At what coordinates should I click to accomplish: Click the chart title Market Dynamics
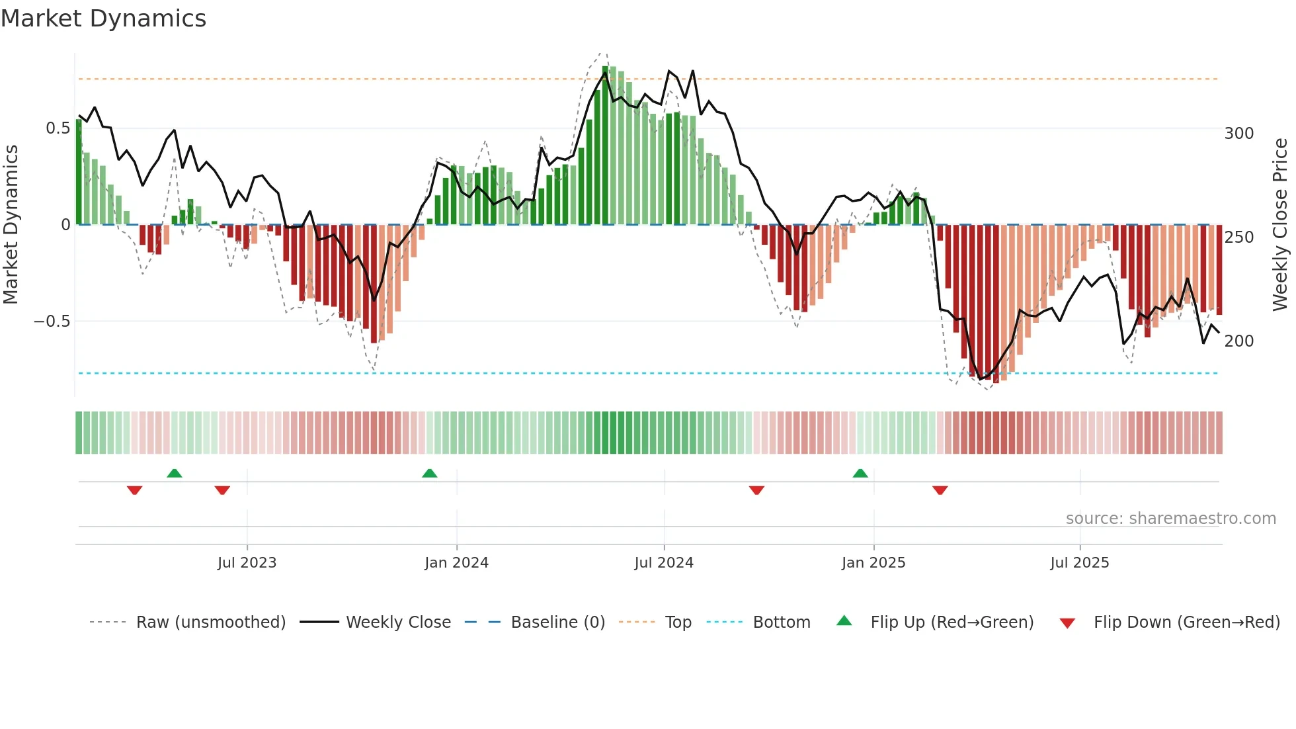(x=103, y=19)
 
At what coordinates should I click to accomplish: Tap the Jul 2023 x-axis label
(x=247, y=563)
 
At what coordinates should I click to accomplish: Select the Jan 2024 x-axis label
(x=456, y=563)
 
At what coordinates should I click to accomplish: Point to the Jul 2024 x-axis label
(x=664, y=563)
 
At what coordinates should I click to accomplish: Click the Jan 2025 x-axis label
(x=873, y=563)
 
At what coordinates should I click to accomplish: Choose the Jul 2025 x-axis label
(x=1080, y=563)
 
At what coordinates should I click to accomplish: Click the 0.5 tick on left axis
(x=58, y=128)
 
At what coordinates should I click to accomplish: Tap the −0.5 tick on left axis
(x=52, y=322)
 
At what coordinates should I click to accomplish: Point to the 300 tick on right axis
(x=1238, y=134)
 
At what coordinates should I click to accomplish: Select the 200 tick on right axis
(x=1238, y=341)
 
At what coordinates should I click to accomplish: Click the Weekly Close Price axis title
(x=1280, y=225)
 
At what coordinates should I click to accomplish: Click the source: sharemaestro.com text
(x=1170, y=519)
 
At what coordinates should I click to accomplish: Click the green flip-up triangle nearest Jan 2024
(x=430, y=473)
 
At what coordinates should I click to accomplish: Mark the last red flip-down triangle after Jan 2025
(x=940, y=490)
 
